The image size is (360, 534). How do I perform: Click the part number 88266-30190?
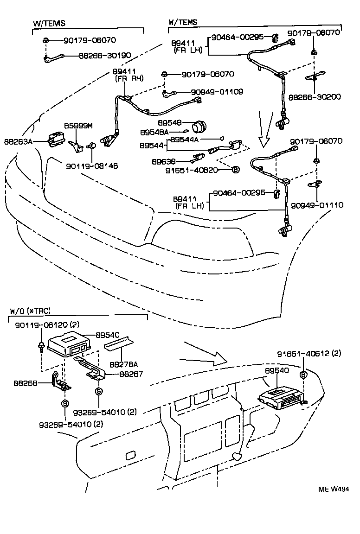click(x=105, y=56)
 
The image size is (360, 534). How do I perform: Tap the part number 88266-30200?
click(x=315, y=97)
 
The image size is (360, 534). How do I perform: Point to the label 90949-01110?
click(x=318, y=204)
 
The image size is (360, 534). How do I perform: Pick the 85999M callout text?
click(x=78, y=126)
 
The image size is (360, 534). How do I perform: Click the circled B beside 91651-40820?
click(x=235, y=170)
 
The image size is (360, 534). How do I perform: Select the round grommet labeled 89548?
click(x=200, y=126)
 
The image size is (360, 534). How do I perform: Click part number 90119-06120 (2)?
click(x=45, y=326)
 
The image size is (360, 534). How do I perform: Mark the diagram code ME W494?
click(x=333, y=489)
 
